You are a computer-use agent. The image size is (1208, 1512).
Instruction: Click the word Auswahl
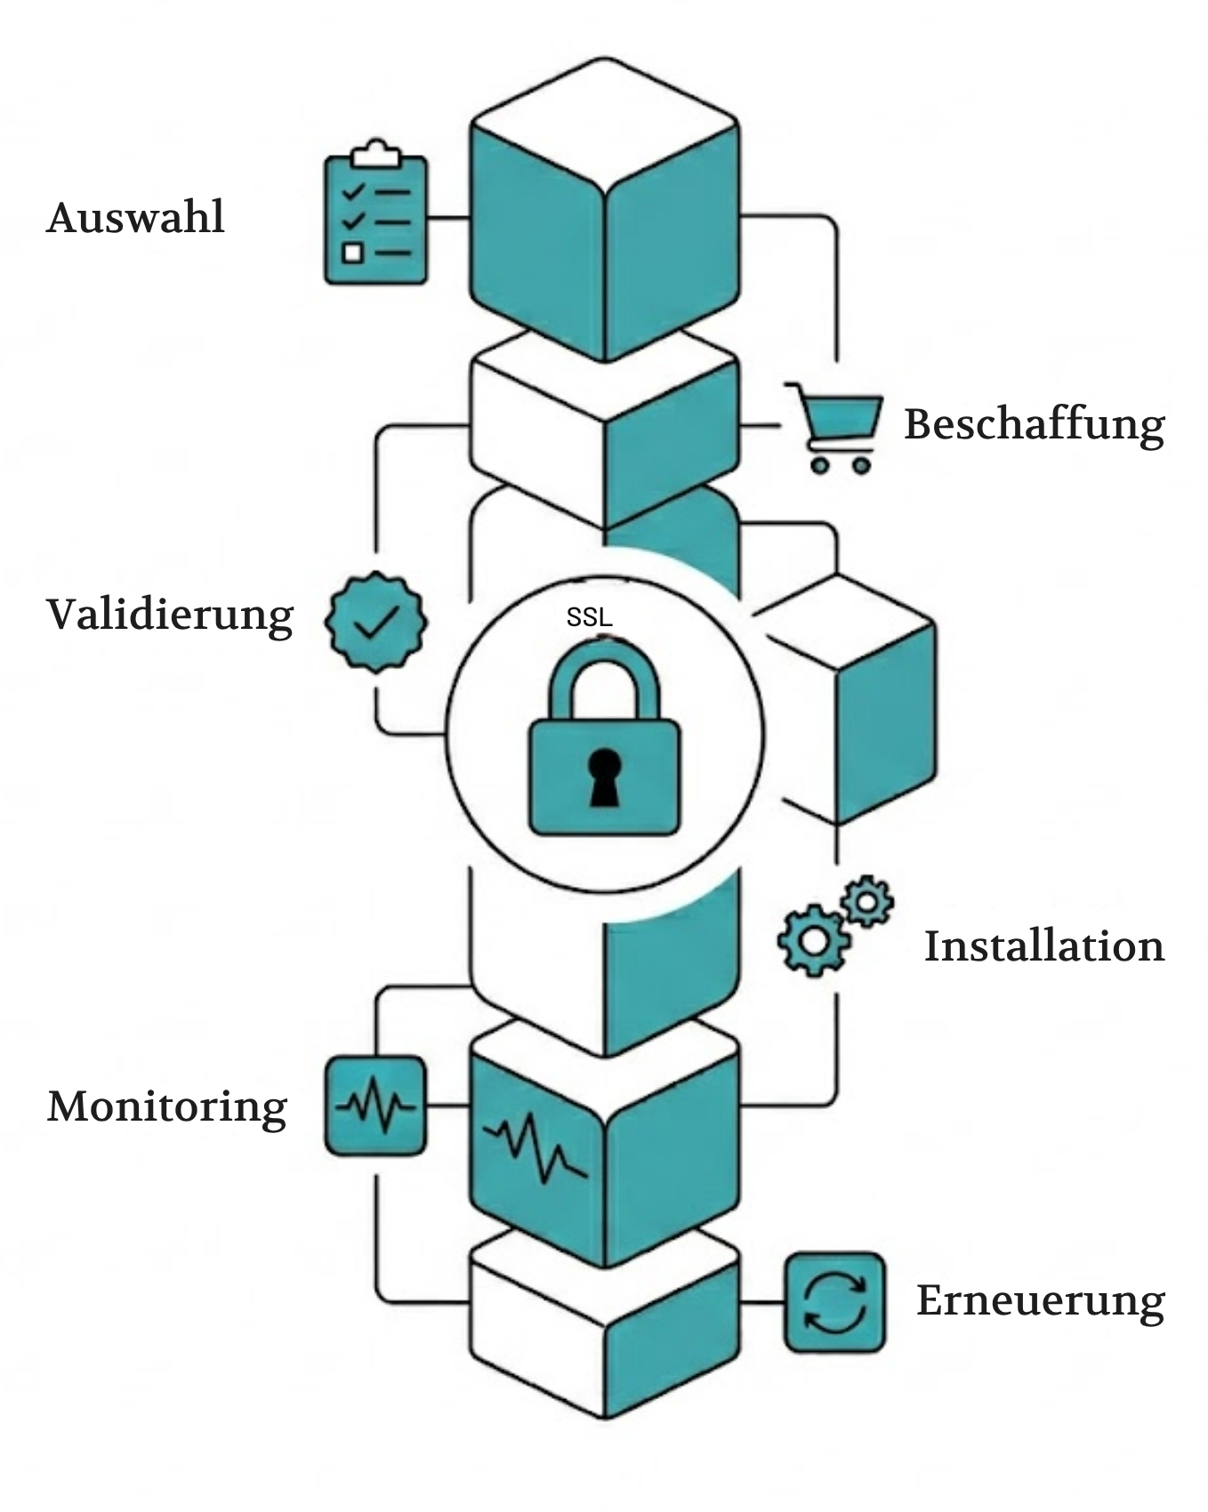[x=135, y=218]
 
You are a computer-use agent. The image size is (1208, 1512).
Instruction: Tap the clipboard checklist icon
[x=375, y=216]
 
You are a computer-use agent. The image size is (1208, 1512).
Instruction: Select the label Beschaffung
[x=1034, y=424]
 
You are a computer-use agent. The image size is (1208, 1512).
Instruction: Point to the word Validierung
[x=170, y=615]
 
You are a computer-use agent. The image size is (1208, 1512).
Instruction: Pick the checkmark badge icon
[x=376, y=622]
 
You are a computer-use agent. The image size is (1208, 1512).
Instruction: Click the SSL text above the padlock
[x=589, y=617]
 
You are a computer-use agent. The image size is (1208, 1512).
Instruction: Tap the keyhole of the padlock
[x=605, y=776]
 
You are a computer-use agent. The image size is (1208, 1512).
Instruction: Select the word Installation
[x=1043, y=946]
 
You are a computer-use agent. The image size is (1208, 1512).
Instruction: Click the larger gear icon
[x=813, y=940]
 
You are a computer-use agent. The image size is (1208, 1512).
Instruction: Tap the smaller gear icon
[x=866, y=902]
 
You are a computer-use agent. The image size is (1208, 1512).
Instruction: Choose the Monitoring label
[x=167, y=1107]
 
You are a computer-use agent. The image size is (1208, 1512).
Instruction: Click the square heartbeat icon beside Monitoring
[x=375, y=1106]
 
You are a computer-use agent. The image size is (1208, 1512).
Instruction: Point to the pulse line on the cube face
[x=535, y=1146]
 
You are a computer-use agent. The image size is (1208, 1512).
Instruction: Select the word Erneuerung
[x=1040, y=1301]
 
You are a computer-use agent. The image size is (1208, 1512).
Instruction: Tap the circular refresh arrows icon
[x=834, y=1303]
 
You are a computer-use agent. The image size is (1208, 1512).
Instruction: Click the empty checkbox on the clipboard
[x=353, y=253]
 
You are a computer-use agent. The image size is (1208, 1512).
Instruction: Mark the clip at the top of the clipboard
[x=375, y=154]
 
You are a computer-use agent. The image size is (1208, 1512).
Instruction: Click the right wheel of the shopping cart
[x=861, y=464]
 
